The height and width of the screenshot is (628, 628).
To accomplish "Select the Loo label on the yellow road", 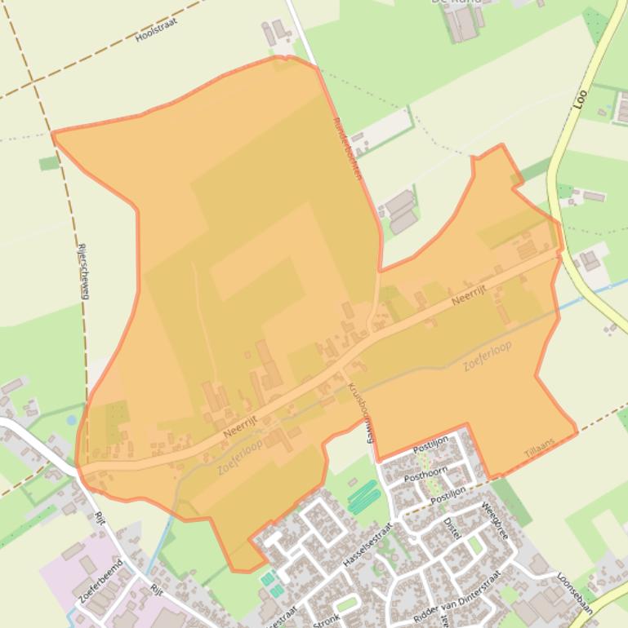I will click(x=581, y=99).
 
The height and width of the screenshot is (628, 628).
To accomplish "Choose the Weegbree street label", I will click(x=496, y=520).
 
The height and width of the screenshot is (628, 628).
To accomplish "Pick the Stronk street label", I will click(x=327, y=618).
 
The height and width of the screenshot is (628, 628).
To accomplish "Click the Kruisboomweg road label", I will click(x=360, y=412).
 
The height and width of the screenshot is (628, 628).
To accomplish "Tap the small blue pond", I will click(x=72, y=420).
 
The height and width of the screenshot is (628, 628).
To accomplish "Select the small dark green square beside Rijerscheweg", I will click(x=50, y=163).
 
